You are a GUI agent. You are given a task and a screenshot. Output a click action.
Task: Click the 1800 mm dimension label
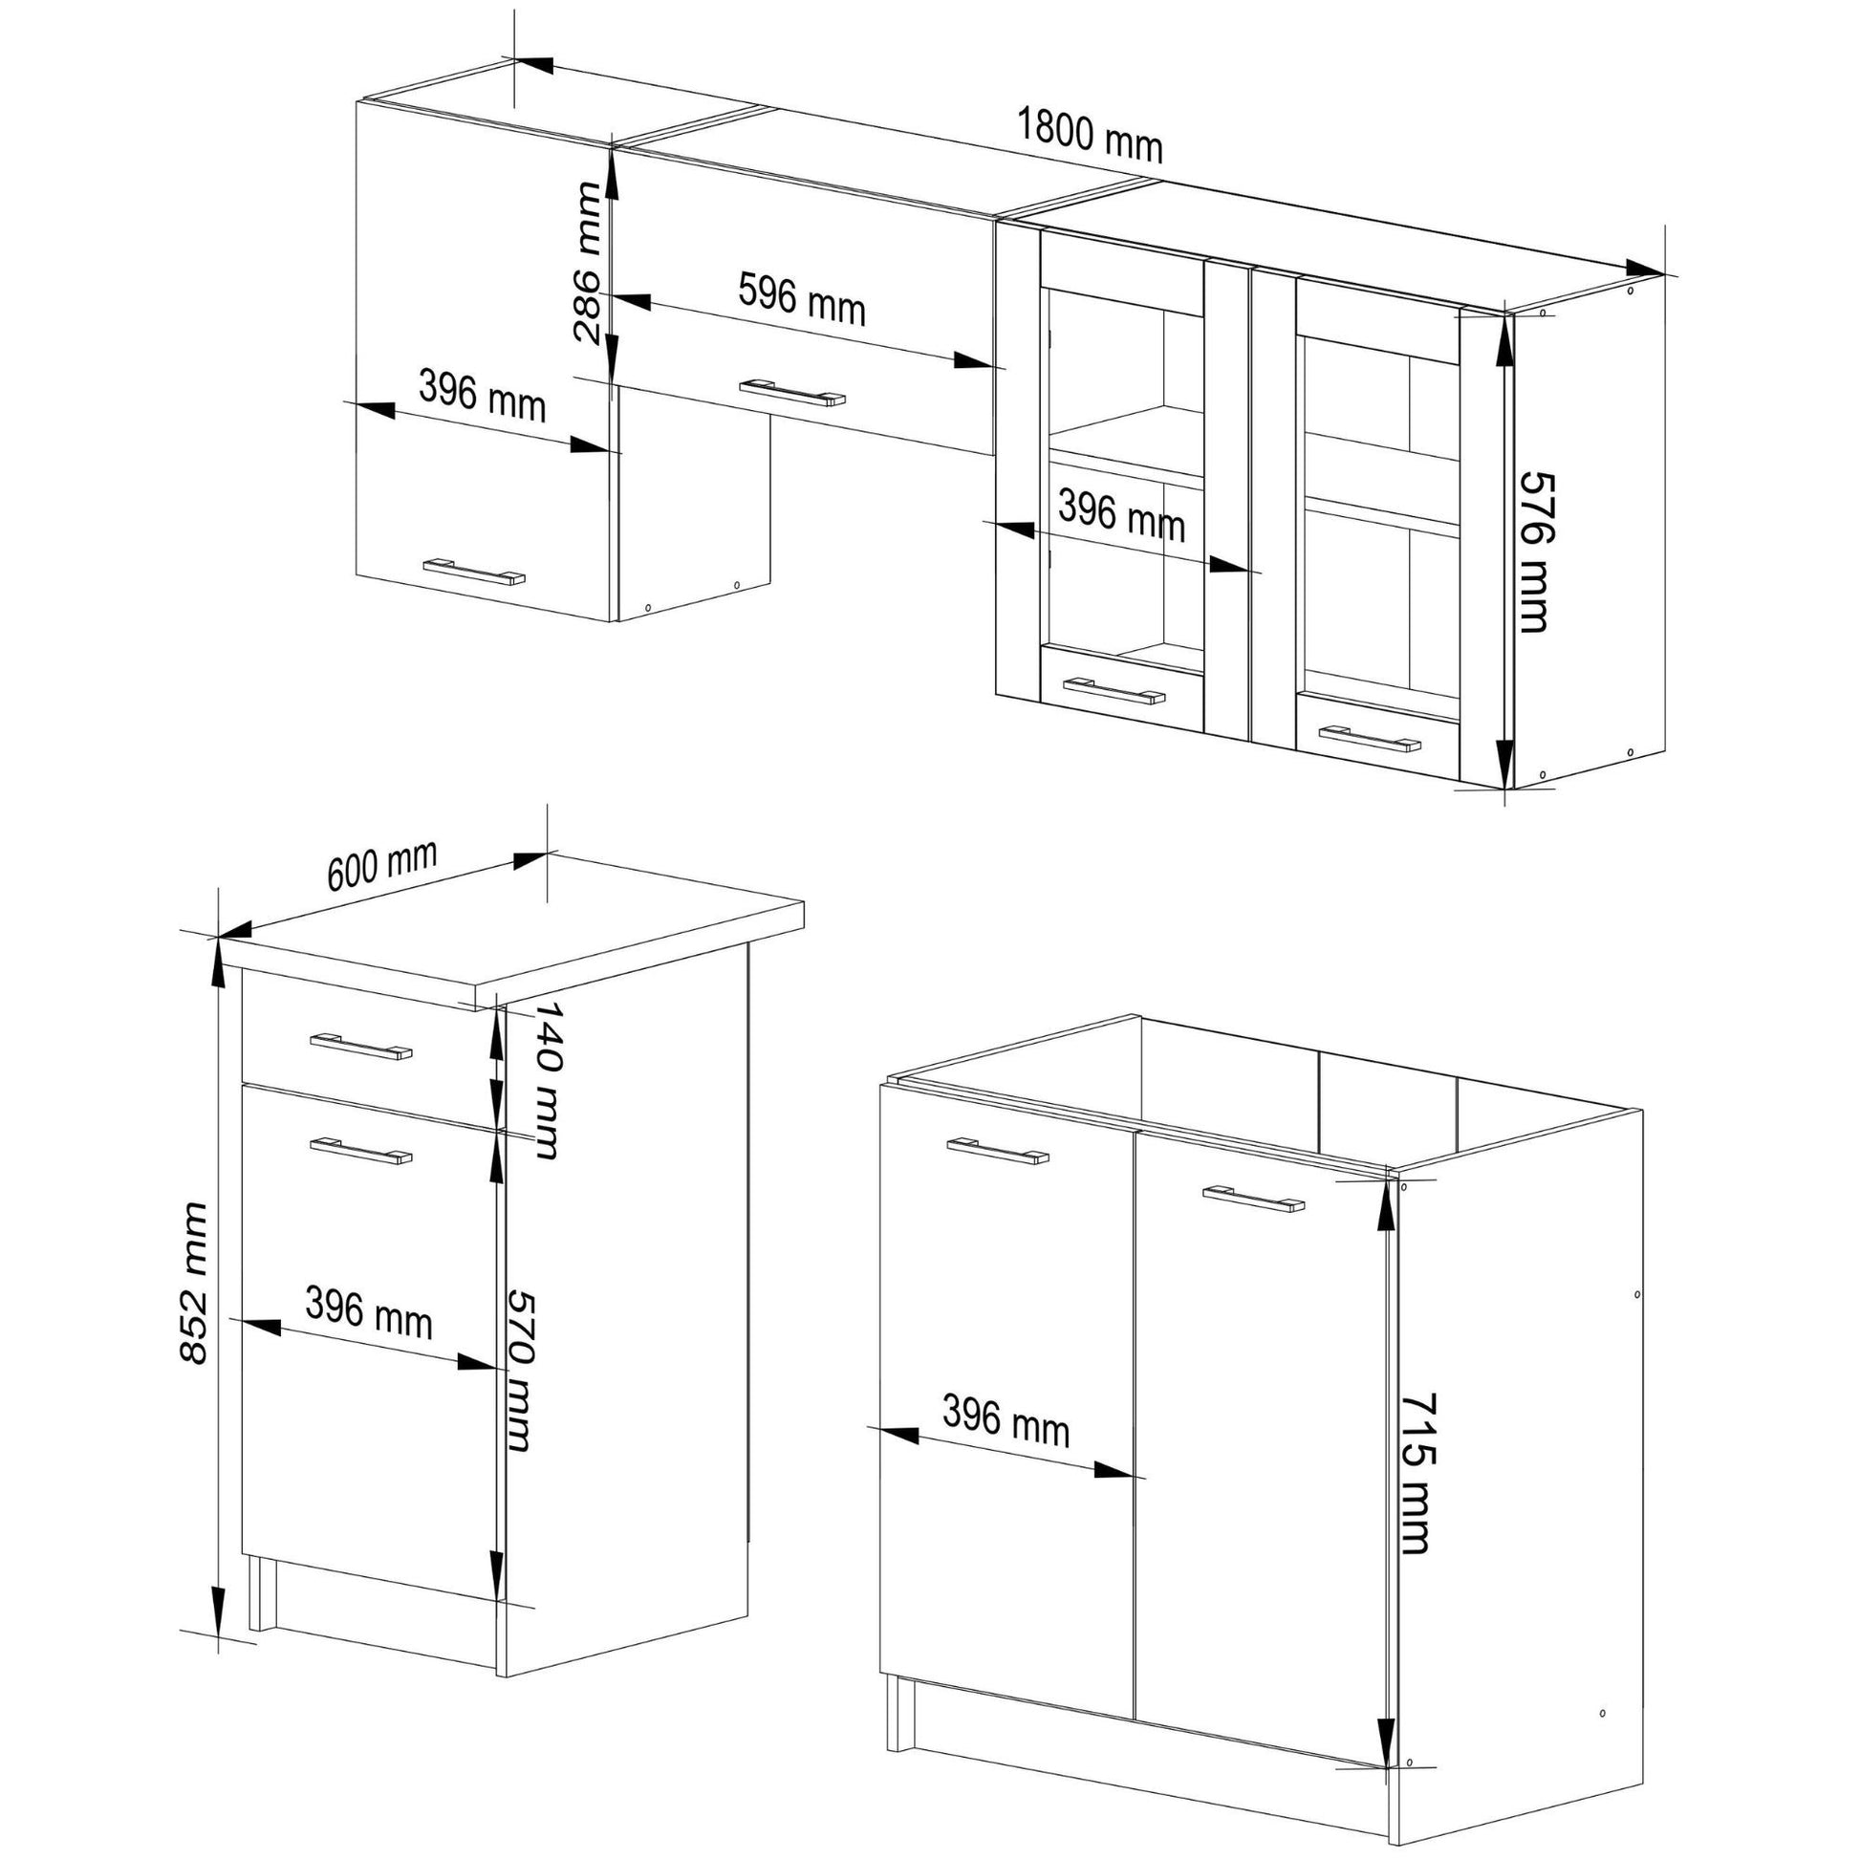[x=1090, y=136]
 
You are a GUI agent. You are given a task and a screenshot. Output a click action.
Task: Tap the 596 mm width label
[x=802, y=298]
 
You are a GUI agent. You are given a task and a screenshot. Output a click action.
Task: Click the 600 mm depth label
[x=382, y=865]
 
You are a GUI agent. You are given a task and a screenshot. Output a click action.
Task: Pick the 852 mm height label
[x=194, y=1283]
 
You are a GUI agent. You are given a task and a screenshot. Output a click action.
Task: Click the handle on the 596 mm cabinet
[x=792, y=393]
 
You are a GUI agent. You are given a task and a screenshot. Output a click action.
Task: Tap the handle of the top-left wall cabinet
[x=475, y=571]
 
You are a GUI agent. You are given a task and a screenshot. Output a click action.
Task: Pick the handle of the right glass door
[x=1370, y=739]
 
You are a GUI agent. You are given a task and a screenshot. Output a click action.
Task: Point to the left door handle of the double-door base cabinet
[x=999, y=1152]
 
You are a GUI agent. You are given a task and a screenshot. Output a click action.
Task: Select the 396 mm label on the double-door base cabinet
[x=1006, y=1420]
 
